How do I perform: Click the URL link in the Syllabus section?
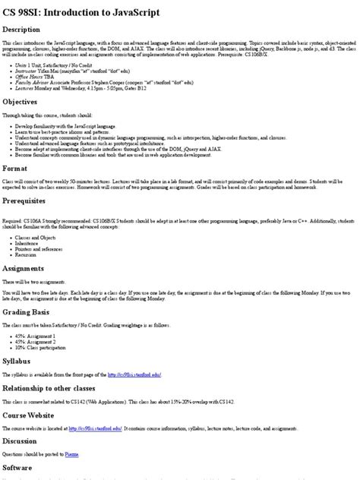134,375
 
